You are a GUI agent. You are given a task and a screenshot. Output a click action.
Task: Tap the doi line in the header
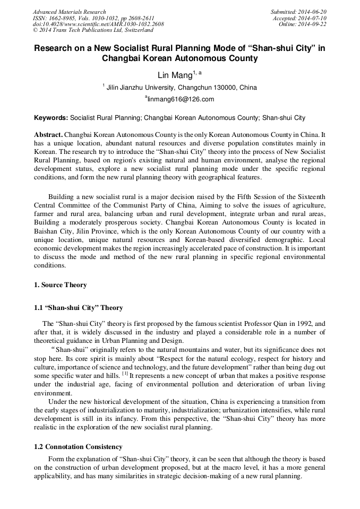click(98, 24)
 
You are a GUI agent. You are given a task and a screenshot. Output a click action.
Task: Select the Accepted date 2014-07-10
click(313, 18)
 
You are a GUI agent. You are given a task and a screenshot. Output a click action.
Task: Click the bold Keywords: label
click(51, 117)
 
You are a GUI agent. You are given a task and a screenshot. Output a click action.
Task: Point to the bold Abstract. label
click(49, 135)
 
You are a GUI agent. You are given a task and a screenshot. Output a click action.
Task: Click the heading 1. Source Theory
click(61, 285)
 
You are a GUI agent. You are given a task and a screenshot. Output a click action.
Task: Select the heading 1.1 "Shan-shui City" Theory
click(79, 308)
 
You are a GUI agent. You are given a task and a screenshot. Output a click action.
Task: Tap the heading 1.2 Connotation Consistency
click(78, 447)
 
